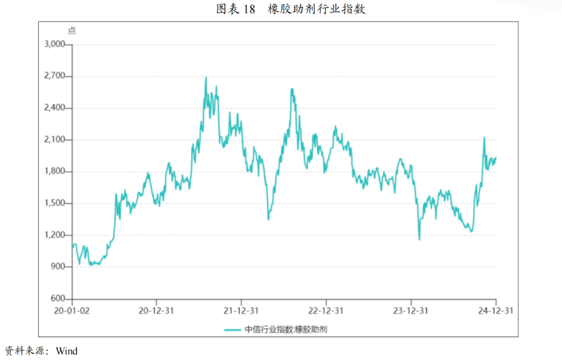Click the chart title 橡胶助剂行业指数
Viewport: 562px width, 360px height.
coord(316,9)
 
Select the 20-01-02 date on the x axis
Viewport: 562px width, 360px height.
coord(72,311)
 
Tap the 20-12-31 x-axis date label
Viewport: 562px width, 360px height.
coord(156,311)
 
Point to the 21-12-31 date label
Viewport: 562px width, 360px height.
coord(241,311)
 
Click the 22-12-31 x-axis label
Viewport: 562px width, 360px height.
coord(326,311)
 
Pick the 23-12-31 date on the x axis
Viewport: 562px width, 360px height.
coord(411,311)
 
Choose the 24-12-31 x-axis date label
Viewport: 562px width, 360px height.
coord(495,311)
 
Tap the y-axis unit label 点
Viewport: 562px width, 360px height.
coord(72,31)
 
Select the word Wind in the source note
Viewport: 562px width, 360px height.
coord(67,351)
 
